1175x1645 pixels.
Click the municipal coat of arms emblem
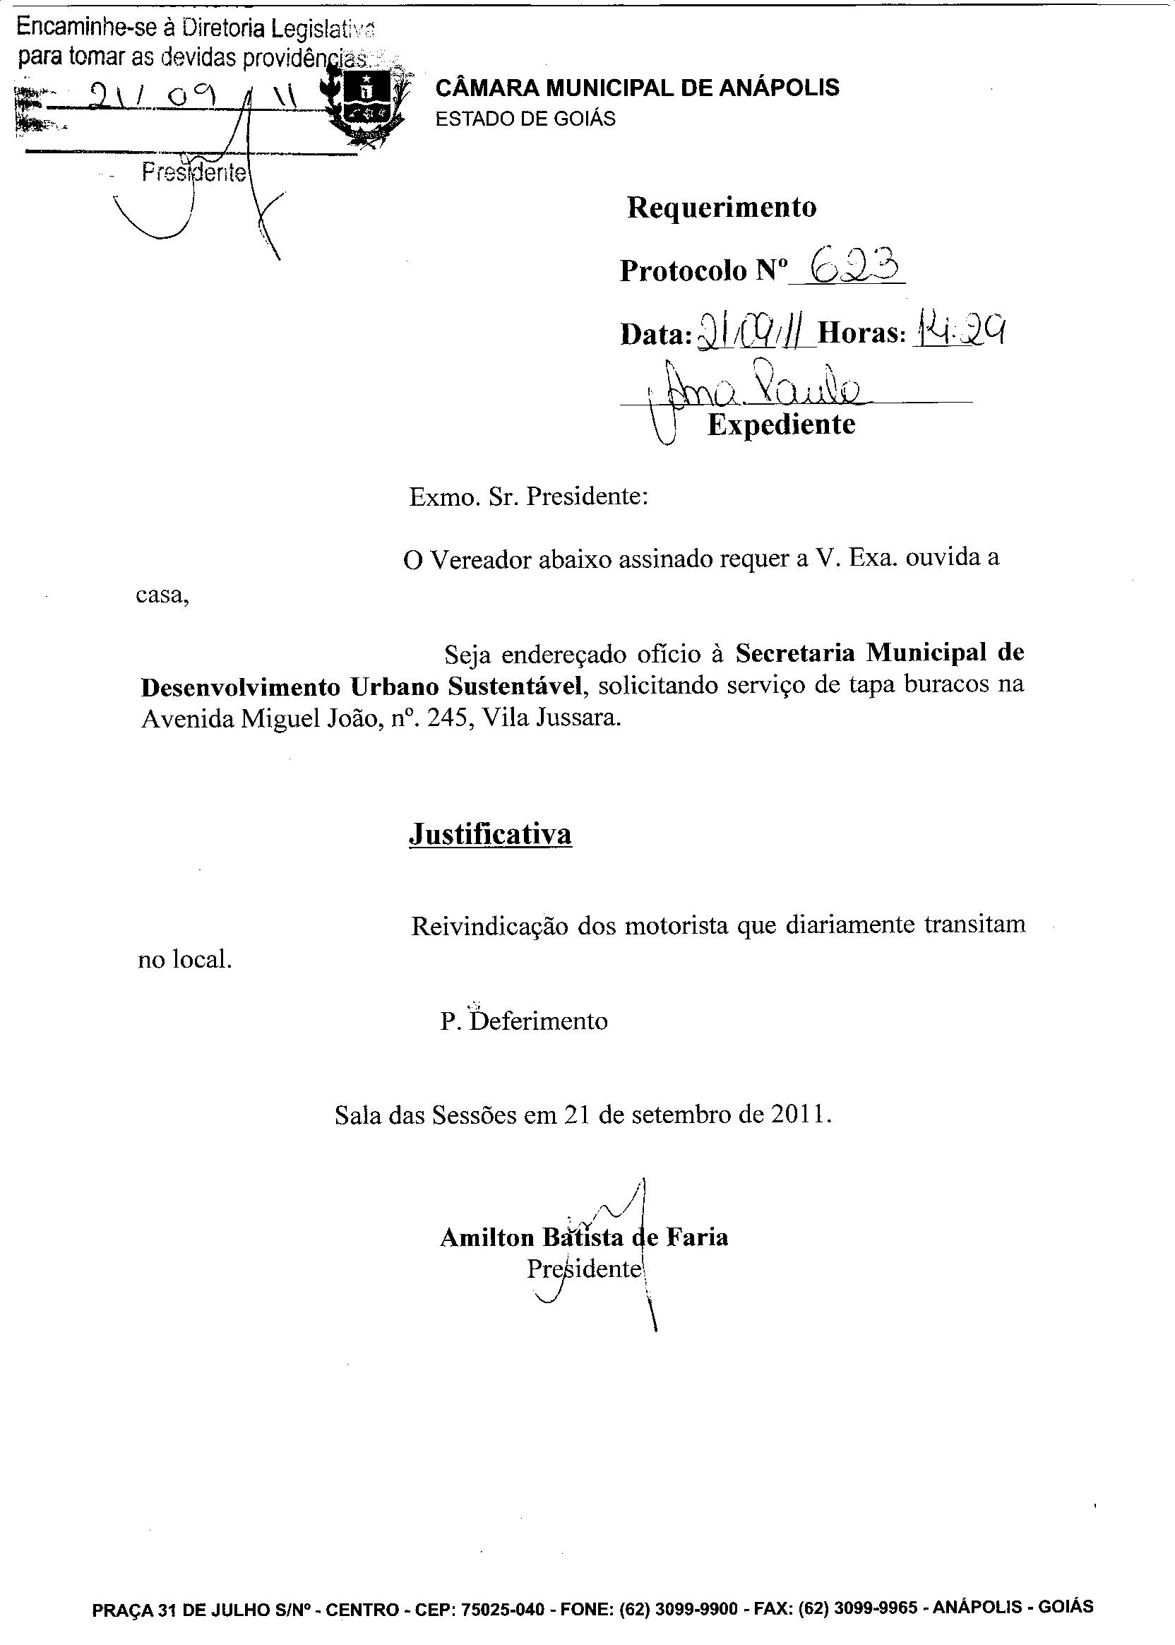click(366, 101)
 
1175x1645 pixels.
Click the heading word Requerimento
click(722, 208)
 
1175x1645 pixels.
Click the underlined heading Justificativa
click(490, 833)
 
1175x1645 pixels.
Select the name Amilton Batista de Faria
click(583, 1237)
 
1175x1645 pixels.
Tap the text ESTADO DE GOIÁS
click(525, 119)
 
